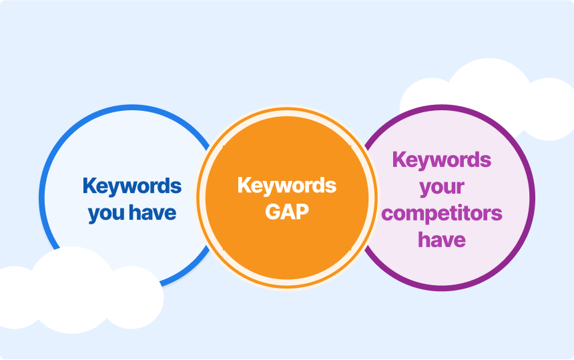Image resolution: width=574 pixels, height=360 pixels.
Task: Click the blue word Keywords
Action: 132,187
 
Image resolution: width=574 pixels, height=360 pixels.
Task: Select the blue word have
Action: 153,212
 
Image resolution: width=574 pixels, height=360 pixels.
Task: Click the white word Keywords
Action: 287,186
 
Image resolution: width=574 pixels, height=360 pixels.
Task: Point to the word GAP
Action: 287,212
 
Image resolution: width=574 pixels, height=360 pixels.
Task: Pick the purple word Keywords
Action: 442,161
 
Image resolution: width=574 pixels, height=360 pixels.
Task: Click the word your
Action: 442,188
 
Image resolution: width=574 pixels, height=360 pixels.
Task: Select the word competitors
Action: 442,214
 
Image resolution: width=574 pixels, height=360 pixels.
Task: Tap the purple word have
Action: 442,240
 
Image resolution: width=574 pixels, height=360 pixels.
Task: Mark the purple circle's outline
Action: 533,198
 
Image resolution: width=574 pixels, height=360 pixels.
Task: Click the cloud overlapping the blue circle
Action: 73,293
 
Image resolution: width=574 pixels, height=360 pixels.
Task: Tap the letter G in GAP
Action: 273,212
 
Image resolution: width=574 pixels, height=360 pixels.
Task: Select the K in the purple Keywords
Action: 399,159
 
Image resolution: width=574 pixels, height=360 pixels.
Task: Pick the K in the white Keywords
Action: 244,184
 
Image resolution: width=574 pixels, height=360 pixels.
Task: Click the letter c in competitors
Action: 387,214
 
